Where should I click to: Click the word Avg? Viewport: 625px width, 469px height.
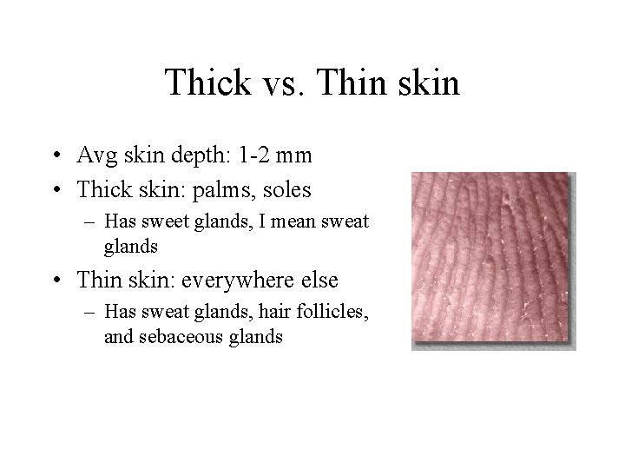(x=94, y=156)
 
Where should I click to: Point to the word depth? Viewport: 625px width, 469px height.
(x=193, y=157)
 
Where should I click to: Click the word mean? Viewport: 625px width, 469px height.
(x=293, y=222)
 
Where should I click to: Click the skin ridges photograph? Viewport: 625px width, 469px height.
(x=493, y=260)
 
